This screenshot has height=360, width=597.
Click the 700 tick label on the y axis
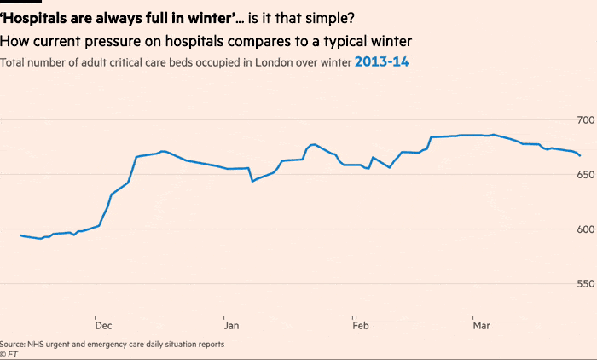click(x=585, y=119)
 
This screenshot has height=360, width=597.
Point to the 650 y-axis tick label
click(x=585, y=174)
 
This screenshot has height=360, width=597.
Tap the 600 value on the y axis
click(x=585, y=229)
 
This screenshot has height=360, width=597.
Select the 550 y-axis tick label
click(x=585, y=283)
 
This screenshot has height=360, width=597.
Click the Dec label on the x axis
click(x=103, y=325)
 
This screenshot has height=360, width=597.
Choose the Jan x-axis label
click(x=230, y=325)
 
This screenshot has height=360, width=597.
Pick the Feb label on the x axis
click(x=361, y=325)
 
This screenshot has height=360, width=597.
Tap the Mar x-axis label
click(x=482, y=325)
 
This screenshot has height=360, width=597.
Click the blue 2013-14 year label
click(x=382, y=62)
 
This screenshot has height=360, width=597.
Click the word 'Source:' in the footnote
click(x=13, y=345)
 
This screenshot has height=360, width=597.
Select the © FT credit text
click(x=9, y=354)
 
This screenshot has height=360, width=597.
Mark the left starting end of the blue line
click(x=20, y=235)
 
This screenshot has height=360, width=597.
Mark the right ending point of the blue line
click(x=580, y=156)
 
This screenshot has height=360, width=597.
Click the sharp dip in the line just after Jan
click(x=252, y=181)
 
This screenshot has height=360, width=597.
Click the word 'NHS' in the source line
click(x=37, y=345)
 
